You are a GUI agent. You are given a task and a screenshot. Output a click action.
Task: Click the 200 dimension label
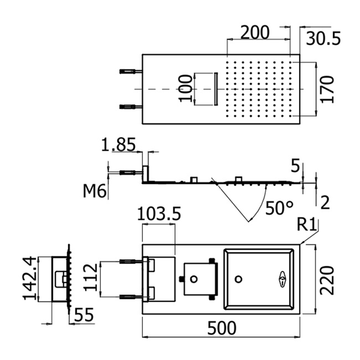click(255, 32)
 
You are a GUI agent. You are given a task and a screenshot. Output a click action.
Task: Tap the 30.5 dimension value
click(323, 39)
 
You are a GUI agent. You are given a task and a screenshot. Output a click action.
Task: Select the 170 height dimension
click(328, 89)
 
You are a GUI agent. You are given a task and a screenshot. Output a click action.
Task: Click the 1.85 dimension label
click(118, 145)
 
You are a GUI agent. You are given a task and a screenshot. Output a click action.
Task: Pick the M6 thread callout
click(94, 192)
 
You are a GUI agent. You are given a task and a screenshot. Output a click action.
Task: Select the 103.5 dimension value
click(159, 214)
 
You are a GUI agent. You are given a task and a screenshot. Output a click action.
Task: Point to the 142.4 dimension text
click(31, 278)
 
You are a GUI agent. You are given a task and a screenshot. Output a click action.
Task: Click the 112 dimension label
click(89, 279)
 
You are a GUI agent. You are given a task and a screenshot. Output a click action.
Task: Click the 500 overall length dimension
click(222, 328)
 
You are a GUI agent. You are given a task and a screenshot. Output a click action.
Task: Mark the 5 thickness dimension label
click(295, 166)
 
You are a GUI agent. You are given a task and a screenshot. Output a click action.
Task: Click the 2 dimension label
click(325, 202)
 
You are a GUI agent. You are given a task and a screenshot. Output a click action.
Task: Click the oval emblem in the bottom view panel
click(282, 279)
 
